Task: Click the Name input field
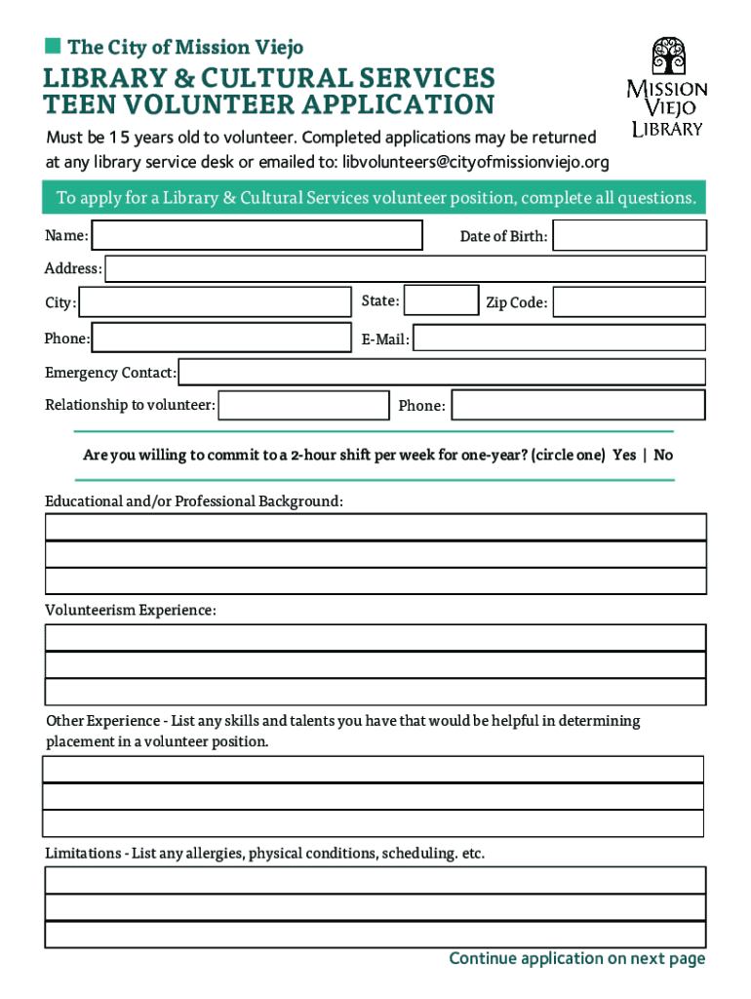257,235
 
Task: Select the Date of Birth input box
629,235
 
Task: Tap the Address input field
405,268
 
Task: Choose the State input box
441,300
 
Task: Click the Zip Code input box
629,302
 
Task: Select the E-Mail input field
560,339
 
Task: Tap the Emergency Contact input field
442,372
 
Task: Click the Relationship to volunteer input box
303,405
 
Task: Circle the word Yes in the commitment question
624,456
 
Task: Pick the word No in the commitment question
663,456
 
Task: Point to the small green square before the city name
52,46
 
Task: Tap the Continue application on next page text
576,959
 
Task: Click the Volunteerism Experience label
131,610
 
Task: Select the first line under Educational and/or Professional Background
375,527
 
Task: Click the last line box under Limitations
375,935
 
